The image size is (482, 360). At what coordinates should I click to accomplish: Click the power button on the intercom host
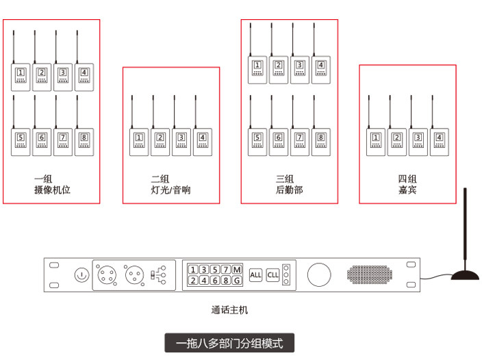coord(81,275)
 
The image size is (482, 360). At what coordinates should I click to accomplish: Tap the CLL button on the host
coord(273,275)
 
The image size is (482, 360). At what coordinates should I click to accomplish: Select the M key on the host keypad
coord(237,269)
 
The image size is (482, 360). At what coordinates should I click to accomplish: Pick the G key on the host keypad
coord(237,281)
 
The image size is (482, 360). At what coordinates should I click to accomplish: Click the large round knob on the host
coord(318,275)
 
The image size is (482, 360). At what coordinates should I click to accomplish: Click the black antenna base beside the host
coord(466,276)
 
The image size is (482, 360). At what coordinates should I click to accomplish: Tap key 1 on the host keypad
coord(193,269)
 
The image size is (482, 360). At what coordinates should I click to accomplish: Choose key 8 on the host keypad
coord(226,281)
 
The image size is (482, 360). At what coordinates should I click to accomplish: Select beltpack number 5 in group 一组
coord(21,142)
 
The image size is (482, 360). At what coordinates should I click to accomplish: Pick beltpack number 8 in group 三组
coord(320,142)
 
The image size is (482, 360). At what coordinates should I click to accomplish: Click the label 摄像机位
coord(51,190)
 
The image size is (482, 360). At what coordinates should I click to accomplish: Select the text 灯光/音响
coord(171,190)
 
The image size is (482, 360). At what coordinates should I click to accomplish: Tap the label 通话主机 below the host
coord(229,310)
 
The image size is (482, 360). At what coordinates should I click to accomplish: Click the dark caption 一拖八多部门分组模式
coord(229,342)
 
